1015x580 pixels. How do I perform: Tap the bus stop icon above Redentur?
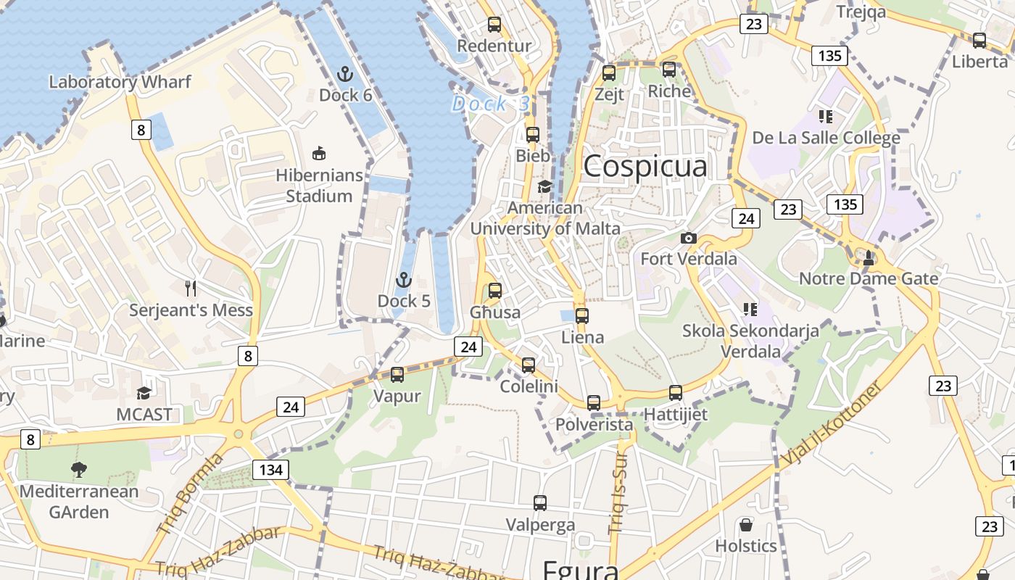click(494, 25)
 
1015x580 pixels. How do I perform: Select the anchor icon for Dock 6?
click(345, 74)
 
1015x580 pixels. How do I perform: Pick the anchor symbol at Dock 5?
click(404, 280)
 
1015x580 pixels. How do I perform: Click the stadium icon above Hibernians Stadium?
click(318, 154)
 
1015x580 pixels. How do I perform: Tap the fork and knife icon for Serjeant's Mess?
click(191, 289)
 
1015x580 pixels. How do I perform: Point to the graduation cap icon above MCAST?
click(144, 393)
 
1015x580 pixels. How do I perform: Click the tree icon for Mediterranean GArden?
click(79, 470)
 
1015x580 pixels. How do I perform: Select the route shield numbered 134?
click(271, 470)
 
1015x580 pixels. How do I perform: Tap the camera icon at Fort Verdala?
click(688, 238)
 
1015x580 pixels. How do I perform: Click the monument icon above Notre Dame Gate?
click(869, 257)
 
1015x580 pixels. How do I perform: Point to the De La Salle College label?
click(826, 138)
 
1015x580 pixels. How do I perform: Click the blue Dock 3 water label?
click(491, 104)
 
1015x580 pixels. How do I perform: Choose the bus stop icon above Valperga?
click(540, 503)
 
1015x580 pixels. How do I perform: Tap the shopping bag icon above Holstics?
click(746, 525)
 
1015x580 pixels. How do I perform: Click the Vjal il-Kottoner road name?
click(833, 423)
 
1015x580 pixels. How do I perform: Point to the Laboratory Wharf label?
click(120, 82)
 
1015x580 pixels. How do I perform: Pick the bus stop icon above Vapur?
click(397, 375)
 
